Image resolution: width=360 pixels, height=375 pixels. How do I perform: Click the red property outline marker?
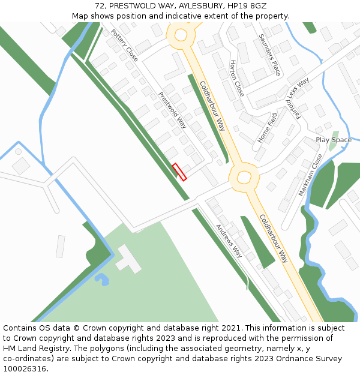coord(179,172)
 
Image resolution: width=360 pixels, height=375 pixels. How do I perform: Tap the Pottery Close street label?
coord(124,46)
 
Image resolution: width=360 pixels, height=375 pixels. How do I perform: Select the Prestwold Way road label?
coord(173,110)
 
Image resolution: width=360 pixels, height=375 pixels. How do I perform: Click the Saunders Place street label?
coord(269,54)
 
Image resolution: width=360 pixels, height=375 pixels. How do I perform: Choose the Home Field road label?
coord(268,127)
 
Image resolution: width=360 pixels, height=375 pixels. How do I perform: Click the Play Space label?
coord(334,140)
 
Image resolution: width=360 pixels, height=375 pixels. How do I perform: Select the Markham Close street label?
coord(311,175)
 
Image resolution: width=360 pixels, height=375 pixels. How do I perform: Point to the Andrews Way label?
coord(229,240)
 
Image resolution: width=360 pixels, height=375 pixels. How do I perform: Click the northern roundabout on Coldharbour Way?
coord(181,35)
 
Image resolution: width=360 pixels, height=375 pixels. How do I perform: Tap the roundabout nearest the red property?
coord(244,177)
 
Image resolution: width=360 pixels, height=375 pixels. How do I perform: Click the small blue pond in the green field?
coord(102,279)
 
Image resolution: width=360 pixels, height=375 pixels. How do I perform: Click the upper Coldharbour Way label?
coord(212,106)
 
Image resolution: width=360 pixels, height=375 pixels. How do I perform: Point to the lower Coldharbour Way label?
coord(274,238)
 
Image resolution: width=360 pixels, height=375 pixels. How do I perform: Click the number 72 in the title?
coord(100,6)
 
